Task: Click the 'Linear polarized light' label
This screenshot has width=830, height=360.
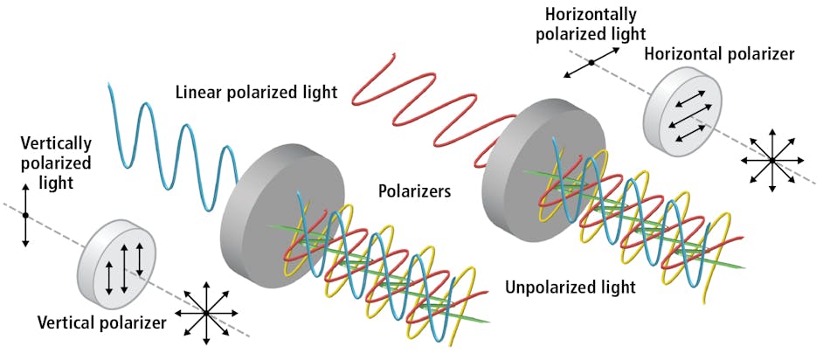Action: tap(256, 92)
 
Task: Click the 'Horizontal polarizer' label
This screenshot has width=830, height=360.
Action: tap(719, 54)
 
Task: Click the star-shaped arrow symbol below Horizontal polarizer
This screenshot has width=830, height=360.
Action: tap(771, 161)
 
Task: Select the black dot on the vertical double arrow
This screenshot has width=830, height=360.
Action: tap(26, 215)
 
